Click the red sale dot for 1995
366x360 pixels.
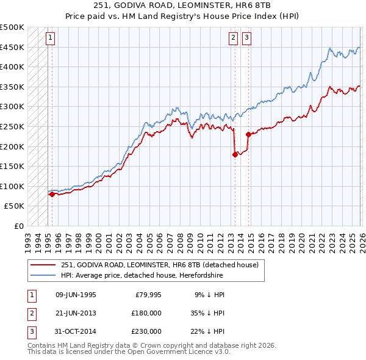52,194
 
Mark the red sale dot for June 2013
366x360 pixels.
234,154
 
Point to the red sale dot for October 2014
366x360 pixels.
248,134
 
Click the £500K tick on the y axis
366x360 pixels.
12,27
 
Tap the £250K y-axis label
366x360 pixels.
12,126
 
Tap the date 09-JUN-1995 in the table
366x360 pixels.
76,295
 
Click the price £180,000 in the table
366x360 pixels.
146,313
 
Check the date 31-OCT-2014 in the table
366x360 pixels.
76,331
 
